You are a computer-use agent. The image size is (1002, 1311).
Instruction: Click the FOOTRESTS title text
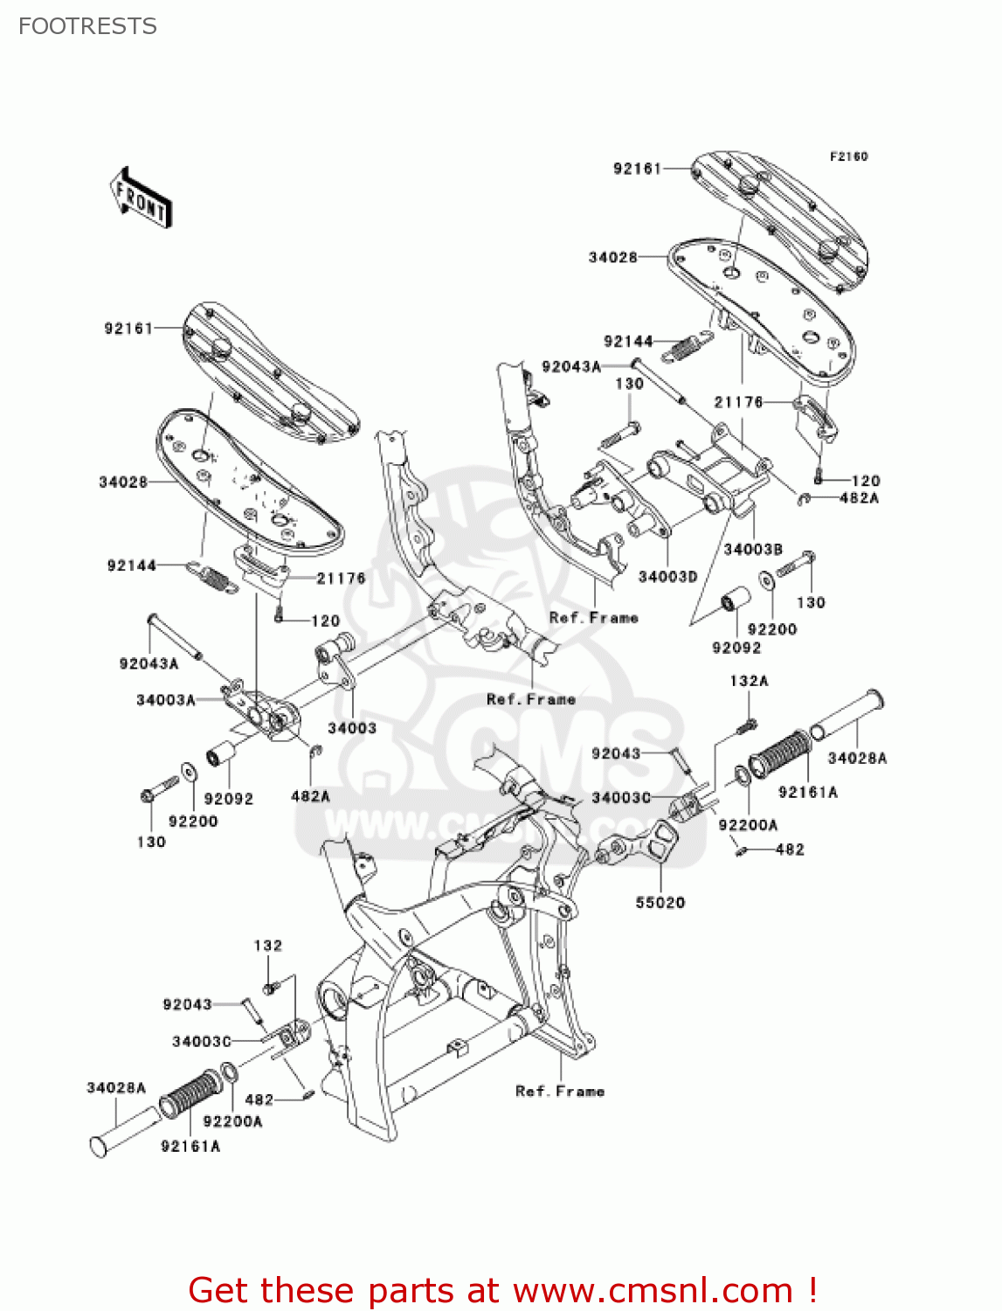(x=87, y=26)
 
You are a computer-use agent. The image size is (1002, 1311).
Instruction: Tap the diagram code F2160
(x=848, y=156)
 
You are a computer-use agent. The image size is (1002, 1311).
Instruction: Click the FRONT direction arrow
(x=141, y=198)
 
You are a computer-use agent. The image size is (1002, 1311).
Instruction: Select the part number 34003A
(x=165, y=700)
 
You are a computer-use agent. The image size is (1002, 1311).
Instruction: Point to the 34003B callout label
(x=752, y=550)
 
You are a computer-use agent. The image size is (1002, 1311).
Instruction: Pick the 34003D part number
(x=667, y=577)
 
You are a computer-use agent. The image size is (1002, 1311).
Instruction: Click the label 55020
(x=660, y=903)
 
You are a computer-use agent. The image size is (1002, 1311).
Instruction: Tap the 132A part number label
(x=749, y=681)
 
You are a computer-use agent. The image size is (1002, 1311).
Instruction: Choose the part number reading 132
(x=267, y=946)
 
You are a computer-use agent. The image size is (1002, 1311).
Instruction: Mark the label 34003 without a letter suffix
(x=352, y=728)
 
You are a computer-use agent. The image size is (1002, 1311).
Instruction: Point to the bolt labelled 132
(x=269, y=988)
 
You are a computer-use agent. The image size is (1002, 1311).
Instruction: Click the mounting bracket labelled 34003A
(x=262, y=711)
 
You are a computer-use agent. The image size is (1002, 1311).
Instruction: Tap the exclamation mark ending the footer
(x=812, y=1290)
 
